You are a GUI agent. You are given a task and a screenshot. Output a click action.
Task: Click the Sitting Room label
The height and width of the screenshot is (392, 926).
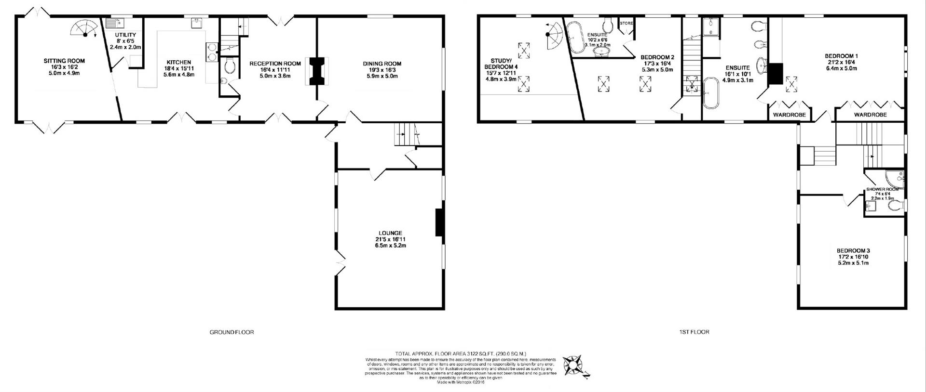point(64,61)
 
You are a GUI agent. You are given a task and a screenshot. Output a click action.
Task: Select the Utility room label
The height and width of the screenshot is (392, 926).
point(125,35)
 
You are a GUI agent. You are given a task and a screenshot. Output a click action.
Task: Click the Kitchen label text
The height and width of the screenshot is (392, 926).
point(178,63)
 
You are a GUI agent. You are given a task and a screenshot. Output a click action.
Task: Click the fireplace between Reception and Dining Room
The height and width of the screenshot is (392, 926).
point(317,71)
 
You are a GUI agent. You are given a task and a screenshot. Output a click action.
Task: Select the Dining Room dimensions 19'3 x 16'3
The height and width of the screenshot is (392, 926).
point(382,70)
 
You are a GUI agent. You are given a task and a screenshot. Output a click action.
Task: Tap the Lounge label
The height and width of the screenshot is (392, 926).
point(390,233)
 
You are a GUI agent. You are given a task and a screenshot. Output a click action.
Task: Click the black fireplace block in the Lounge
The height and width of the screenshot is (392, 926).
point(439,222)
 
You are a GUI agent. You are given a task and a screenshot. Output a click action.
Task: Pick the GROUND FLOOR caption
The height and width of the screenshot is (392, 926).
point(231,332)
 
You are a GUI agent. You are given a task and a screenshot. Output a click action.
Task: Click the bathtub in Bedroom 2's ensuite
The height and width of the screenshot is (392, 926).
point(574,37)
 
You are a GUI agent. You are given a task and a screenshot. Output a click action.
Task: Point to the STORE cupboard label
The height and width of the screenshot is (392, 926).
point(626,23)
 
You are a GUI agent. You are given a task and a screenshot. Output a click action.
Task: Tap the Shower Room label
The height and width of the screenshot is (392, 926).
point(882,189)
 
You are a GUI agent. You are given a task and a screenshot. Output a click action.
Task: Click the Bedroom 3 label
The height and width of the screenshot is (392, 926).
point(853,251)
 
